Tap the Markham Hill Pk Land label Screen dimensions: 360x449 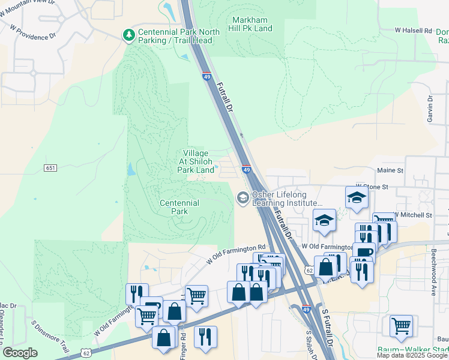click(x=250, y=24)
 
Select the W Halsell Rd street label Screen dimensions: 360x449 click(x=414, y=30)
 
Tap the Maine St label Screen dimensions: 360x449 click(x=390, y=170)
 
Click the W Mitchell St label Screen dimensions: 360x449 click(x=413, y=215)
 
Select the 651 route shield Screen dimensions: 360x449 click(x=50, y=167)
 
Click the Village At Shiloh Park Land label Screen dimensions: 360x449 click(x=196, y=162)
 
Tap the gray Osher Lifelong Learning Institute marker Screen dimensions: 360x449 click(x=243, y=197)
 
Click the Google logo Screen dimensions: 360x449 click(x=20, y=353)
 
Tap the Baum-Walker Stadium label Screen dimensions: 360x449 click(x=414, y=350)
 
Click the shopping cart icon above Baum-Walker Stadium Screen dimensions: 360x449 click(x=401, y=326)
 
